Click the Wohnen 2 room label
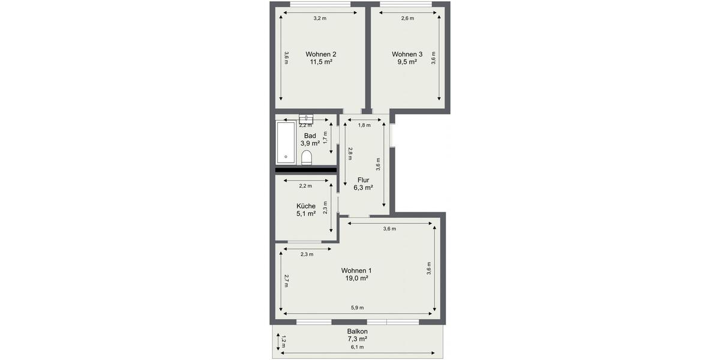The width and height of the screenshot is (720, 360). (x=320, y=53)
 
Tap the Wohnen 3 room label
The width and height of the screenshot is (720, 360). (x=407, y=53)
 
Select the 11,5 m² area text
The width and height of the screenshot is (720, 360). (x=321, y=61)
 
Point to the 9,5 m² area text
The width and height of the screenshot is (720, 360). (x=407, y=61)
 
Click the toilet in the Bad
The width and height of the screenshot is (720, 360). (x=307, y=158)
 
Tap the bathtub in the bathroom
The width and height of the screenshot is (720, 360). (x=285, y=142)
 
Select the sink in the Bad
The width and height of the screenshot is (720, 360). (x=305, y=118)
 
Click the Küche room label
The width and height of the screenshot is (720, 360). (x=305, y=206)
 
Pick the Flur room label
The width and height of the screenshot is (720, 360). (x=363, y=180)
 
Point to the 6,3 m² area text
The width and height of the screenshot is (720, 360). (x=363, y=188)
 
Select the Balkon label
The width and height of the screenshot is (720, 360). (x=357, y=331)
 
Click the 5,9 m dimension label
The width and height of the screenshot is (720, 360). (x=357, y=308)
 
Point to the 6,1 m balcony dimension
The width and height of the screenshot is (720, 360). (x=357, y=347)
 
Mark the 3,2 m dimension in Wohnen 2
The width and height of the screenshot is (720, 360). (x=320, y=18)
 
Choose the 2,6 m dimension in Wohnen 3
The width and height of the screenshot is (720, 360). (x=407, y=18)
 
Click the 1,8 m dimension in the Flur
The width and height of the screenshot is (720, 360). (x=364, y=125)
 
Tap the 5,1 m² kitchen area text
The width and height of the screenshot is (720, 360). (x=305, y=214)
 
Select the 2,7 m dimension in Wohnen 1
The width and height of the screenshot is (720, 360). (x=287, y=281)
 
